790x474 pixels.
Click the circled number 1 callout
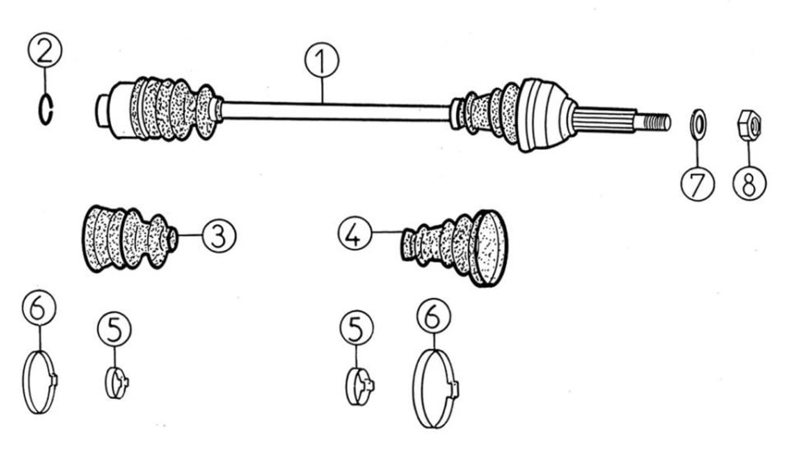click(322, 60)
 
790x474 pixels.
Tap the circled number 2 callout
click(44, 50)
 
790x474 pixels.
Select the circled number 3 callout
click(219, 235)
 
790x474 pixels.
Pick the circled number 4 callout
click(355, 234)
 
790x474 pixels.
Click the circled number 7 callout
click(698, 184)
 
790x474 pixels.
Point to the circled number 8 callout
click(750, 183)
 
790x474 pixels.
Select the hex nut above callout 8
click(749, 124)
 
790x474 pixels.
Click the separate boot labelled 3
click(130, 238)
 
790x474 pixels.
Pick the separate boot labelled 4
click(454, 248)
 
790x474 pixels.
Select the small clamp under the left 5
click(116, 383)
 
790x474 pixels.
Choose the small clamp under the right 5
click(360, 386)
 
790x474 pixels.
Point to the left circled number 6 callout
click(39, 307)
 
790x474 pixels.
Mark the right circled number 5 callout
click(356, 328)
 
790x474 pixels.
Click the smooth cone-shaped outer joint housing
click(545, 115)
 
